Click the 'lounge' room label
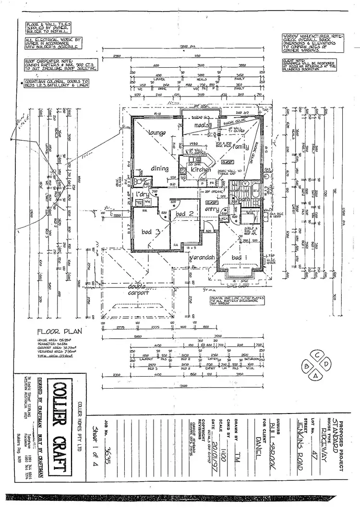(x=157, y=132)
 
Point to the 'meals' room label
(x=197, y=126)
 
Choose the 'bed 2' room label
(x=184, y=213)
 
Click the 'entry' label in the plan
(x=212, y=209)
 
